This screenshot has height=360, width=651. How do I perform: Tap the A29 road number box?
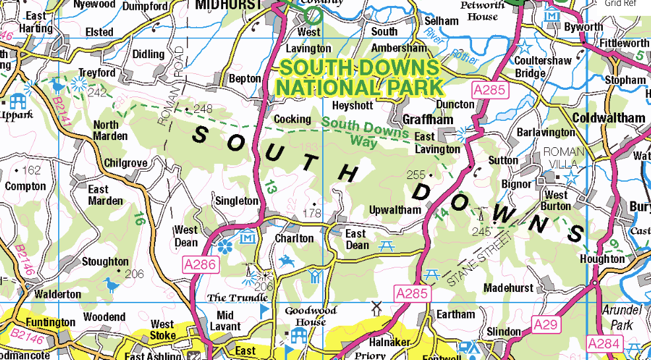(546, 324)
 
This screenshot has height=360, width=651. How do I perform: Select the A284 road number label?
(603, 343)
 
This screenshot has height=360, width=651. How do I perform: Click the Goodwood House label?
(310, 316)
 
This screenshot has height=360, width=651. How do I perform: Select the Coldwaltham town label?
(609, 118)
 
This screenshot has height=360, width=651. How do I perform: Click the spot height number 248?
(203, 109)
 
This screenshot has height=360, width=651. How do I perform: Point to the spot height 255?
(416, 175)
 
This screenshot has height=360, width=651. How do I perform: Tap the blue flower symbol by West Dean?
(224, 247)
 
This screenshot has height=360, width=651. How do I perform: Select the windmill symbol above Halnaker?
(376, 308)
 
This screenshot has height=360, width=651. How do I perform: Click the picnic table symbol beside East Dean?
(387, 246)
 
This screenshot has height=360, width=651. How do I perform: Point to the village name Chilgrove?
(125, 163)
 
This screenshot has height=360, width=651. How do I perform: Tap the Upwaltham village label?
(395, 210)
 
